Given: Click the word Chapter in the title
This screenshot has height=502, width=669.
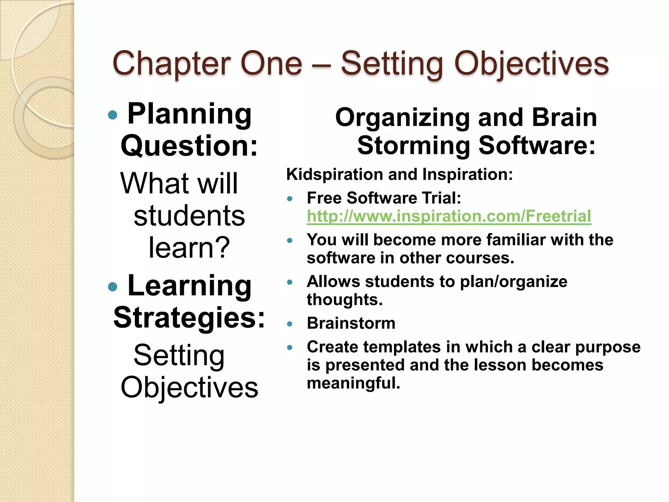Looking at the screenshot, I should click(x=171, y=64).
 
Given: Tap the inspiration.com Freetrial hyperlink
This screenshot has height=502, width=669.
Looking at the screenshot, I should click(x=449, y=216).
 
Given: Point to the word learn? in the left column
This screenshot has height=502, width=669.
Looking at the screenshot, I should click(x=189, y=247).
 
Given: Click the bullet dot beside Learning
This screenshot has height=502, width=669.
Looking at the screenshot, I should click(x=112, y=287).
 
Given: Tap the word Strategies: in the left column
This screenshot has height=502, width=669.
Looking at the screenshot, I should click(x=189, y=318).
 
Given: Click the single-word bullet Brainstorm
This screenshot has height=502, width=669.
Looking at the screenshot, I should click(x=351, y=323).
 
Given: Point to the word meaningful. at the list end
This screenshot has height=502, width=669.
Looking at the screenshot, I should click(x=353, y=383).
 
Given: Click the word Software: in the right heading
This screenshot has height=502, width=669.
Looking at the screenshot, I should click(x=537, y=145).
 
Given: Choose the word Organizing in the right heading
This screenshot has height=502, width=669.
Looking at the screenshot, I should click(x=402, y=118).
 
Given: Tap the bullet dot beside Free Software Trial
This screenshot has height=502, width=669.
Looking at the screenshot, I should click(x=289, y=199).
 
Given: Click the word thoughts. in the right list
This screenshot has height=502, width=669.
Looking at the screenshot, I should click(x=344, y=300).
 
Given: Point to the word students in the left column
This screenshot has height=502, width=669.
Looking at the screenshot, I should click(x=189, y=216).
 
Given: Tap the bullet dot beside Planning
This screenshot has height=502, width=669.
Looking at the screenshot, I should click(x=112, y=115).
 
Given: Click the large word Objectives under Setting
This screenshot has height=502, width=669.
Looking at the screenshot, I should click(x=189, y=387).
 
